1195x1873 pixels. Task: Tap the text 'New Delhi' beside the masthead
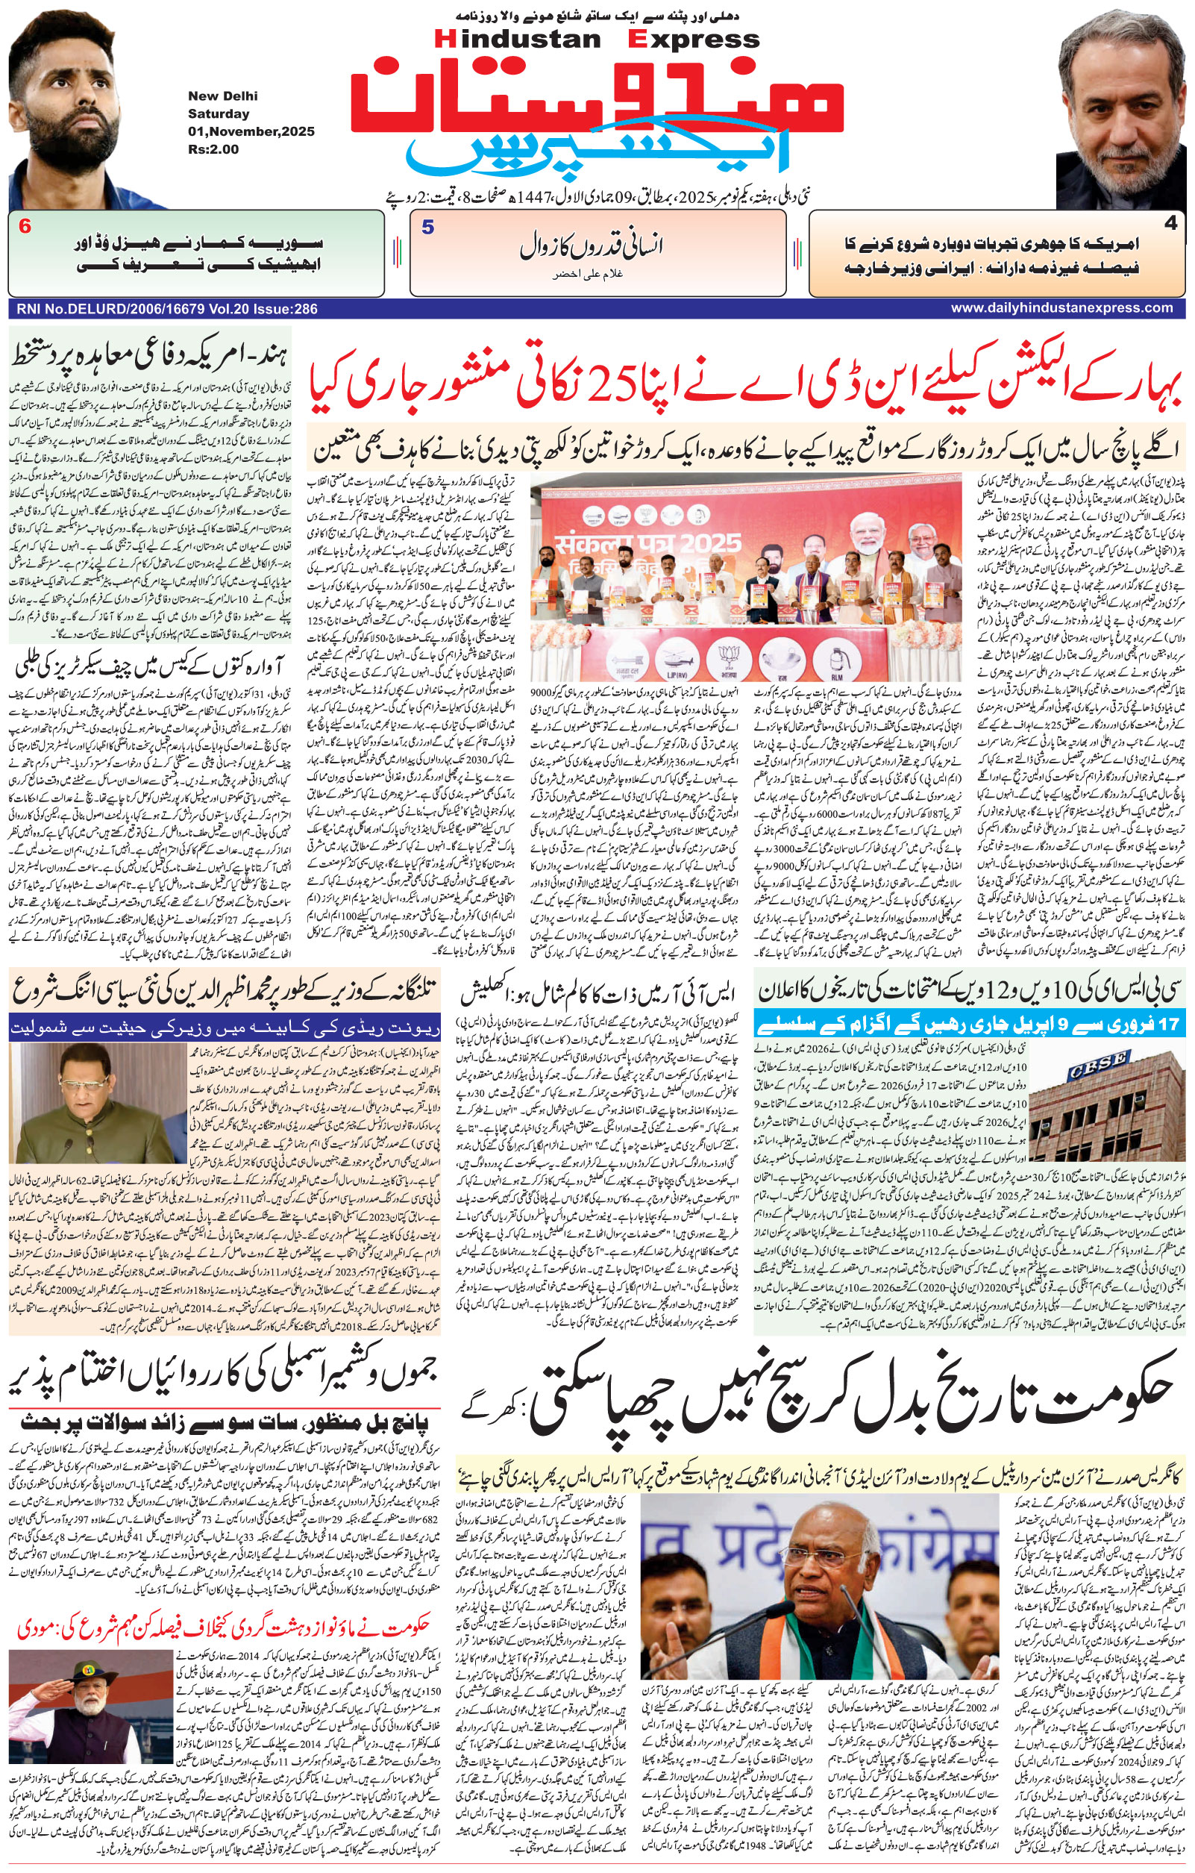click(x=222, y=96)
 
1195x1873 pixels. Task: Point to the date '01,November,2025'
click(x=251, y=131)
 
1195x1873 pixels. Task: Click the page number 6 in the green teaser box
click(x=25, y=228)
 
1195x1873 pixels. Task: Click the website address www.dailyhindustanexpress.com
click(x=1061, y=308)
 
